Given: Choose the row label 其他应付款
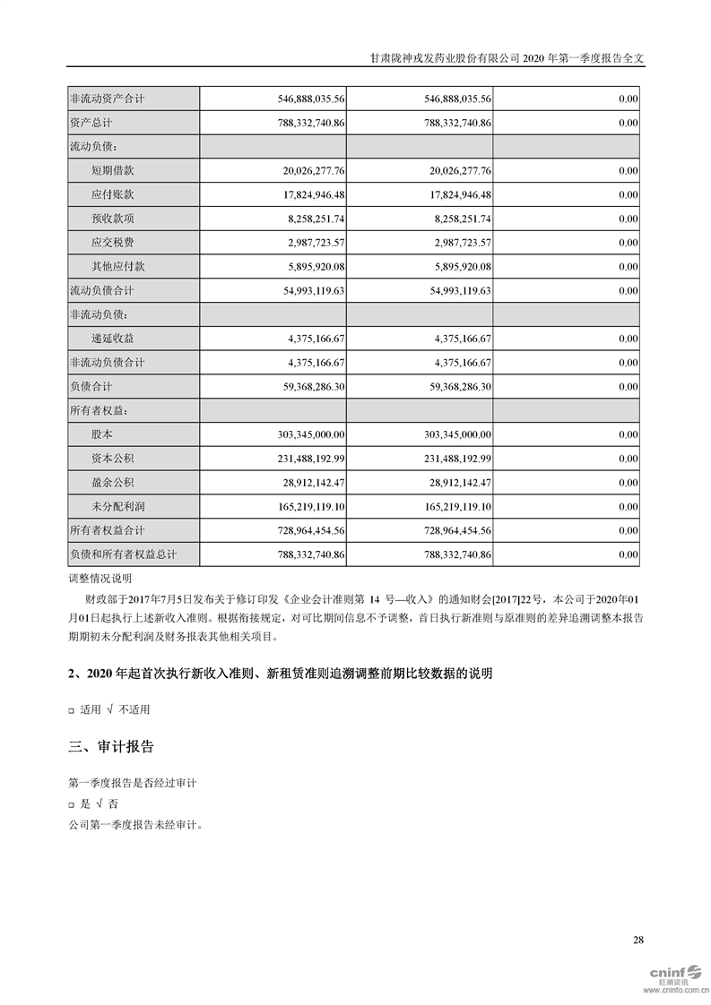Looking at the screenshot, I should click(117, 266).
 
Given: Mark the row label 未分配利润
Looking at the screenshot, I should click(117, 507).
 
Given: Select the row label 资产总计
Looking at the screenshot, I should click(91, 122).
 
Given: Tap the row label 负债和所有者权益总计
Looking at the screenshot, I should click(123, 555).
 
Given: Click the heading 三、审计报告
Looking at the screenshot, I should click(111, 746).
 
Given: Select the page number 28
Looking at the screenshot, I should click(637, 940).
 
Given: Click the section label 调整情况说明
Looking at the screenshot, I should click(100, 578).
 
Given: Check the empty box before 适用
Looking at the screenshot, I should click(72, 710).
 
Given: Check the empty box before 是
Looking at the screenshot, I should click(72, 805).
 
